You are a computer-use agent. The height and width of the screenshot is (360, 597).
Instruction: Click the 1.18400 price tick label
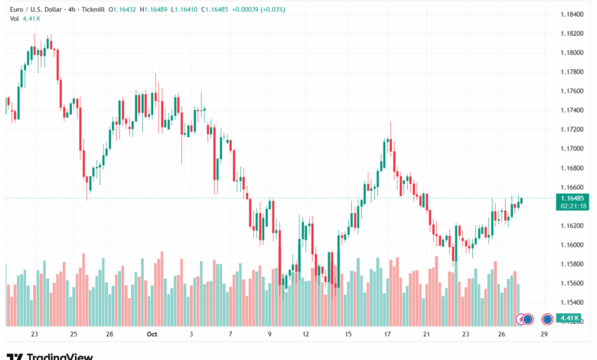click(572, 15)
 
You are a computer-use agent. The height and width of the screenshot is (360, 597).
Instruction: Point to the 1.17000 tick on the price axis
click(572, 149)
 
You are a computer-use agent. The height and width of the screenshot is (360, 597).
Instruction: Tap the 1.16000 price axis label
click(572, 245)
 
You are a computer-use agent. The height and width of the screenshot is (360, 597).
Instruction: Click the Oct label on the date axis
click(152, 335)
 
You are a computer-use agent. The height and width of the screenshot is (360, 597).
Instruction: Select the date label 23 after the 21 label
click(465, 335)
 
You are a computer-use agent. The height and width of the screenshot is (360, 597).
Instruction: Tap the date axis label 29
click(544, 335)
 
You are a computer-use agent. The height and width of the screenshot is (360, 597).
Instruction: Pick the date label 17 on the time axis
click(388, 335)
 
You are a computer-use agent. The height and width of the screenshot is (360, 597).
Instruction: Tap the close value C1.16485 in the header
click(234, 9)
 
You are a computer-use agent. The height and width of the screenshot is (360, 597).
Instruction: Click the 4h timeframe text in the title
click(60, 9)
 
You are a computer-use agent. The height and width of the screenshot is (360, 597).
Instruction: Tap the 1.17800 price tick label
click(572, 72)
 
